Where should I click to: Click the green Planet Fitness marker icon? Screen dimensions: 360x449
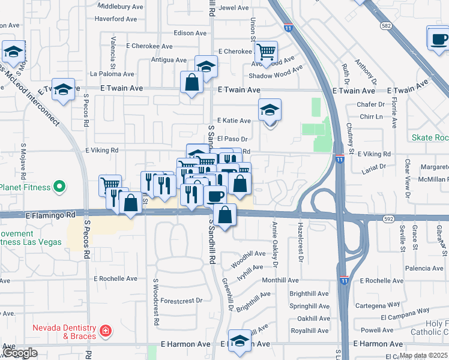(59, 188)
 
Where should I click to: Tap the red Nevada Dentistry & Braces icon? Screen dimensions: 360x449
(106, 331)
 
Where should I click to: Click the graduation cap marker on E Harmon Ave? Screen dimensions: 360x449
(240, 340)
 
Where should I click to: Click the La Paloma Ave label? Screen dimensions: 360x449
(112, 74)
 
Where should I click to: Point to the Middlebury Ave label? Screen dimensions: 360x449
(121, 7)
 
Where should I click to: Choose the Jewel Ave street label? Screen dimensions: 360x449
(234, 8)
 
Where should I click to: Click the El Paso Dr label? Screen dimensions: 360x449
(237, 139)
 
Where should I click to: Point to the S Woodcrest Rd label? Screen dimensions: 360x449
(155, 302)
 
